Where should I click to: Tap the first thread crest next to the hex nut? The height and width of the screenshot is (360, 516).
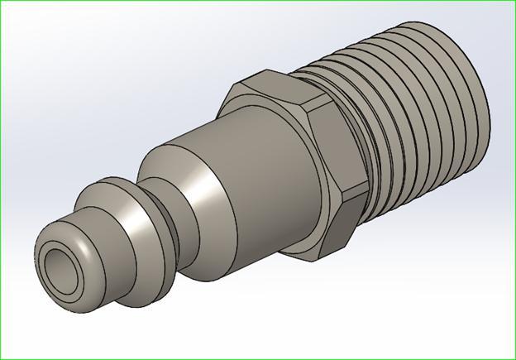[x=376, y=124]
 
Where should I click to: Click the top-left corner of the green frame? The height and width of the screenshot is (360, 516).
[x=1, y=1]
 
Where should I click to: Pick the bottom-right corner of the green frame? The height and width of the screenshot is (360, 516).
[x=514, y=358]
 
